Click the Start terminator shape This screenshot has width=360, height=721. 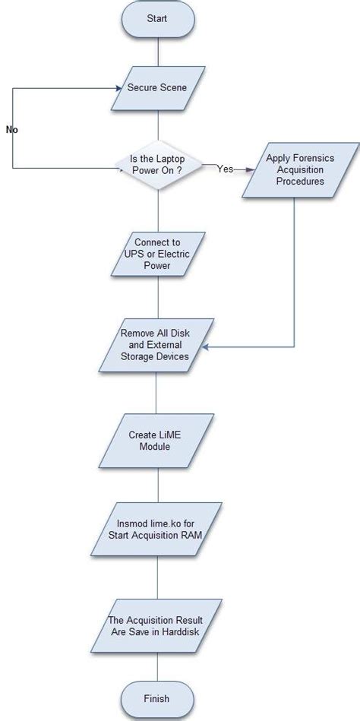[157, 18]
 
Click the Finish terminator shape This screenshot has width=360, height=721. [156, 698]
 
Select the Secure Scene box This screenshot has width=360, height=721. [156, 88]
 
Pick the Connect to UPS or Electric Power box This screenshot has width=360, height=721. [156, 255]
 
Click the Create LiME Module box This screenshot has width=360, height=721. [156, 441]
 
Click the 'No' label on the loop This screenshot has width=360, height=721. [12, 130]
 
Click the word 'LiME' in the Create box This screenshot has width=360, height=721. [170, 435]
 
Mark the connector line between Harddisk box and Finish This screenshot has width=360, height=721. [157, 665]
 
